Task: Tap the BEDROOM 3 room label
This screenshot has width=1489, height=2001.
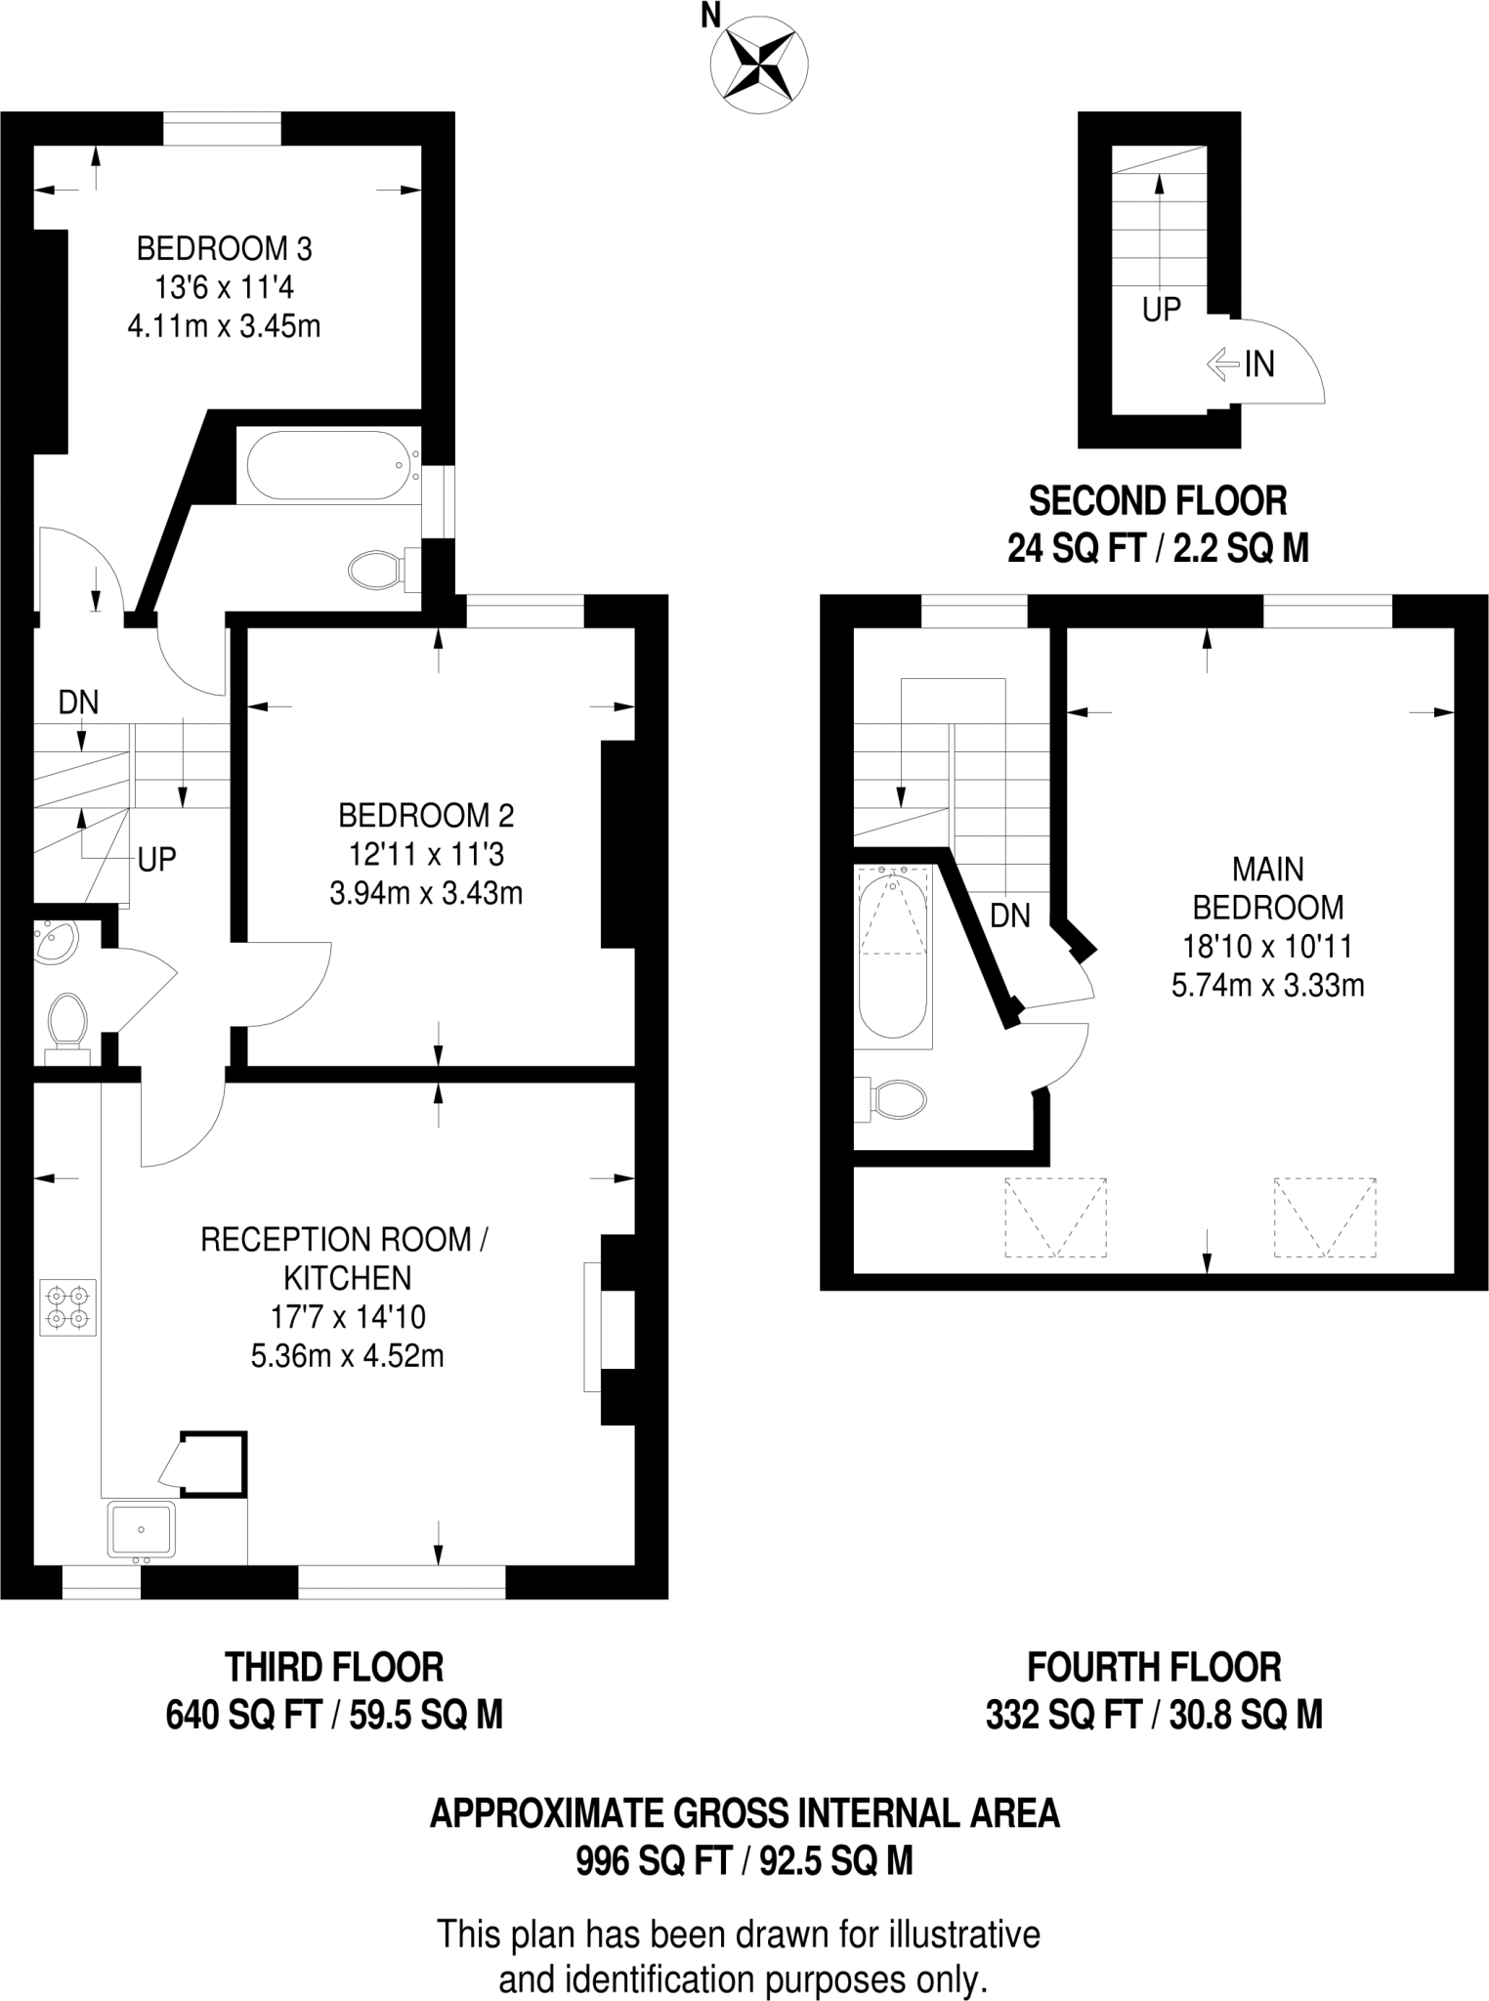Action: coord(224,249)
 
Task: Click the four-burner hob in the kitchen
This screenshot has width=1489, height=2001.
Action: coord(68,1307)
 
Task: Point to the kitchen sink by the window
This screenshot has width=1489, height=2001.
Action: coord(142,1529)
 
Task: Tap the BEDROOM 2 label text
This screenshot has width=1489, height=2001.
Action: coord(426,815)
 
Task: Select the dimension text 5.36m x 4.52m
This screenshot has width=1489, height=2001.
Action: coord(348,1356)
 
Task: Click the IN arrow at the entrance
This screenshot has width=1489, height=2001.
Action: coord(1221,365)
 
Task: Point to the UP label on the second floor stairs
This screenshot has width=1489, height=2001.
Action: coord(1162,310)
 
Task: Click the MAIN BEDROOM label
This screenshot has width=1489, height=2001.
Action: coord(1268,887)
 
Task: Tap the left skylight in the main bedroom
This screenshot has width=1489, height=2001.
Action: coord(1056,1216)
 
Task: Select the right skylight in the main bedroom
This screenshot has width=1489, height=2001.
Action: coord(1326,1216)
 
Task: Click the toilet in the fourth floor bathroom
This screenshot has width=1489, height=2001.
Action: coord(893,1100)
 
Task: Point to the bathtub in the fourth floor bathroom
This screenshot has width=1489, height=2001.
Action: coord(892,955)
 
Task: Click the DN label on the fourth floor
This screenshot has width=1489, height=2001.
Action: coord(1010,915)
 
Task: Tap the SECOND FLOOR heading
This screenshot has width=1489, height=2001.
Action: coord(1158,501)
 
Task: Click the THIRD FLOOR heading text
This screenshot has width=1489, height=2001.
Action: coord(334,1667)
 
